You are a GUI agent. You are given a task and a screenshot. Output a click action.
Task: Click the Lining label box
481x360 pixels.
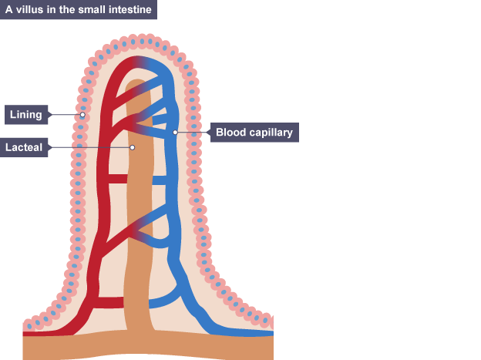click(x=26, y=115)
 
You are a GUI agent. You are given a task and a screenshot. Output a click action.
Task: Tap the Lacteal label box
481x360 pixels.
click(x=26, y=146)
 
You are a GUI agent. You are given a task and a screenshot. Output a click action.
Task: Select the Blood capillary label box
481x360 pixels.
click(x=254, y=133)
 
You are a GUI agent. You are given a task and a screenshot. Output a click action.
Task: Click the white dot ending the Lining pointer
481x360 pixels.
click(x=82, y=115)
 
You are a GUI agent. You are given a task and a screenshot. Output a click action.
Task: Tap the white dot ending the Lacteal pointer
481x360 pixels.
click(x=133, y=146)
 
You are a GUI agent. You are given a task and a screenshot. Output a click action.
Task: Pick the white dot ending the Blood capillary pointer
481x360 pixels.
click(x=176, y=133)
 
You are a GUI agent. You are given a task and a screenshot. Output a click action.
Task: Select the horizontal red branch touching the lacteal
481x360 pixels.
click(x=116, y=179)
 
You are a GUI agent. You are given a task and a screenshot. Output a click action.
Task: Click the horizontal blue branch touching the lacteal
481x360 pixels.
click(x=161, y=180)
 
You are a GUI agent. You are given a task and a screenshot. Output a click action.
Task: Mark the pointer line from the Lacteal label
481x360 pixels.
click(x=91, y=146)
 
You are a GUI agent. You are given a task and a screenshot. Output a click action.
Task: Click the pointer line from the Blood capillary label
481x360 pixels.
click(x=194, y=133)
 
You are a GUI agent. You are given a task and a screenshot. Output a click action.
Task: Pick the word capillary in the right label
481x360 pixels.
click(x=270, y=133)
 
